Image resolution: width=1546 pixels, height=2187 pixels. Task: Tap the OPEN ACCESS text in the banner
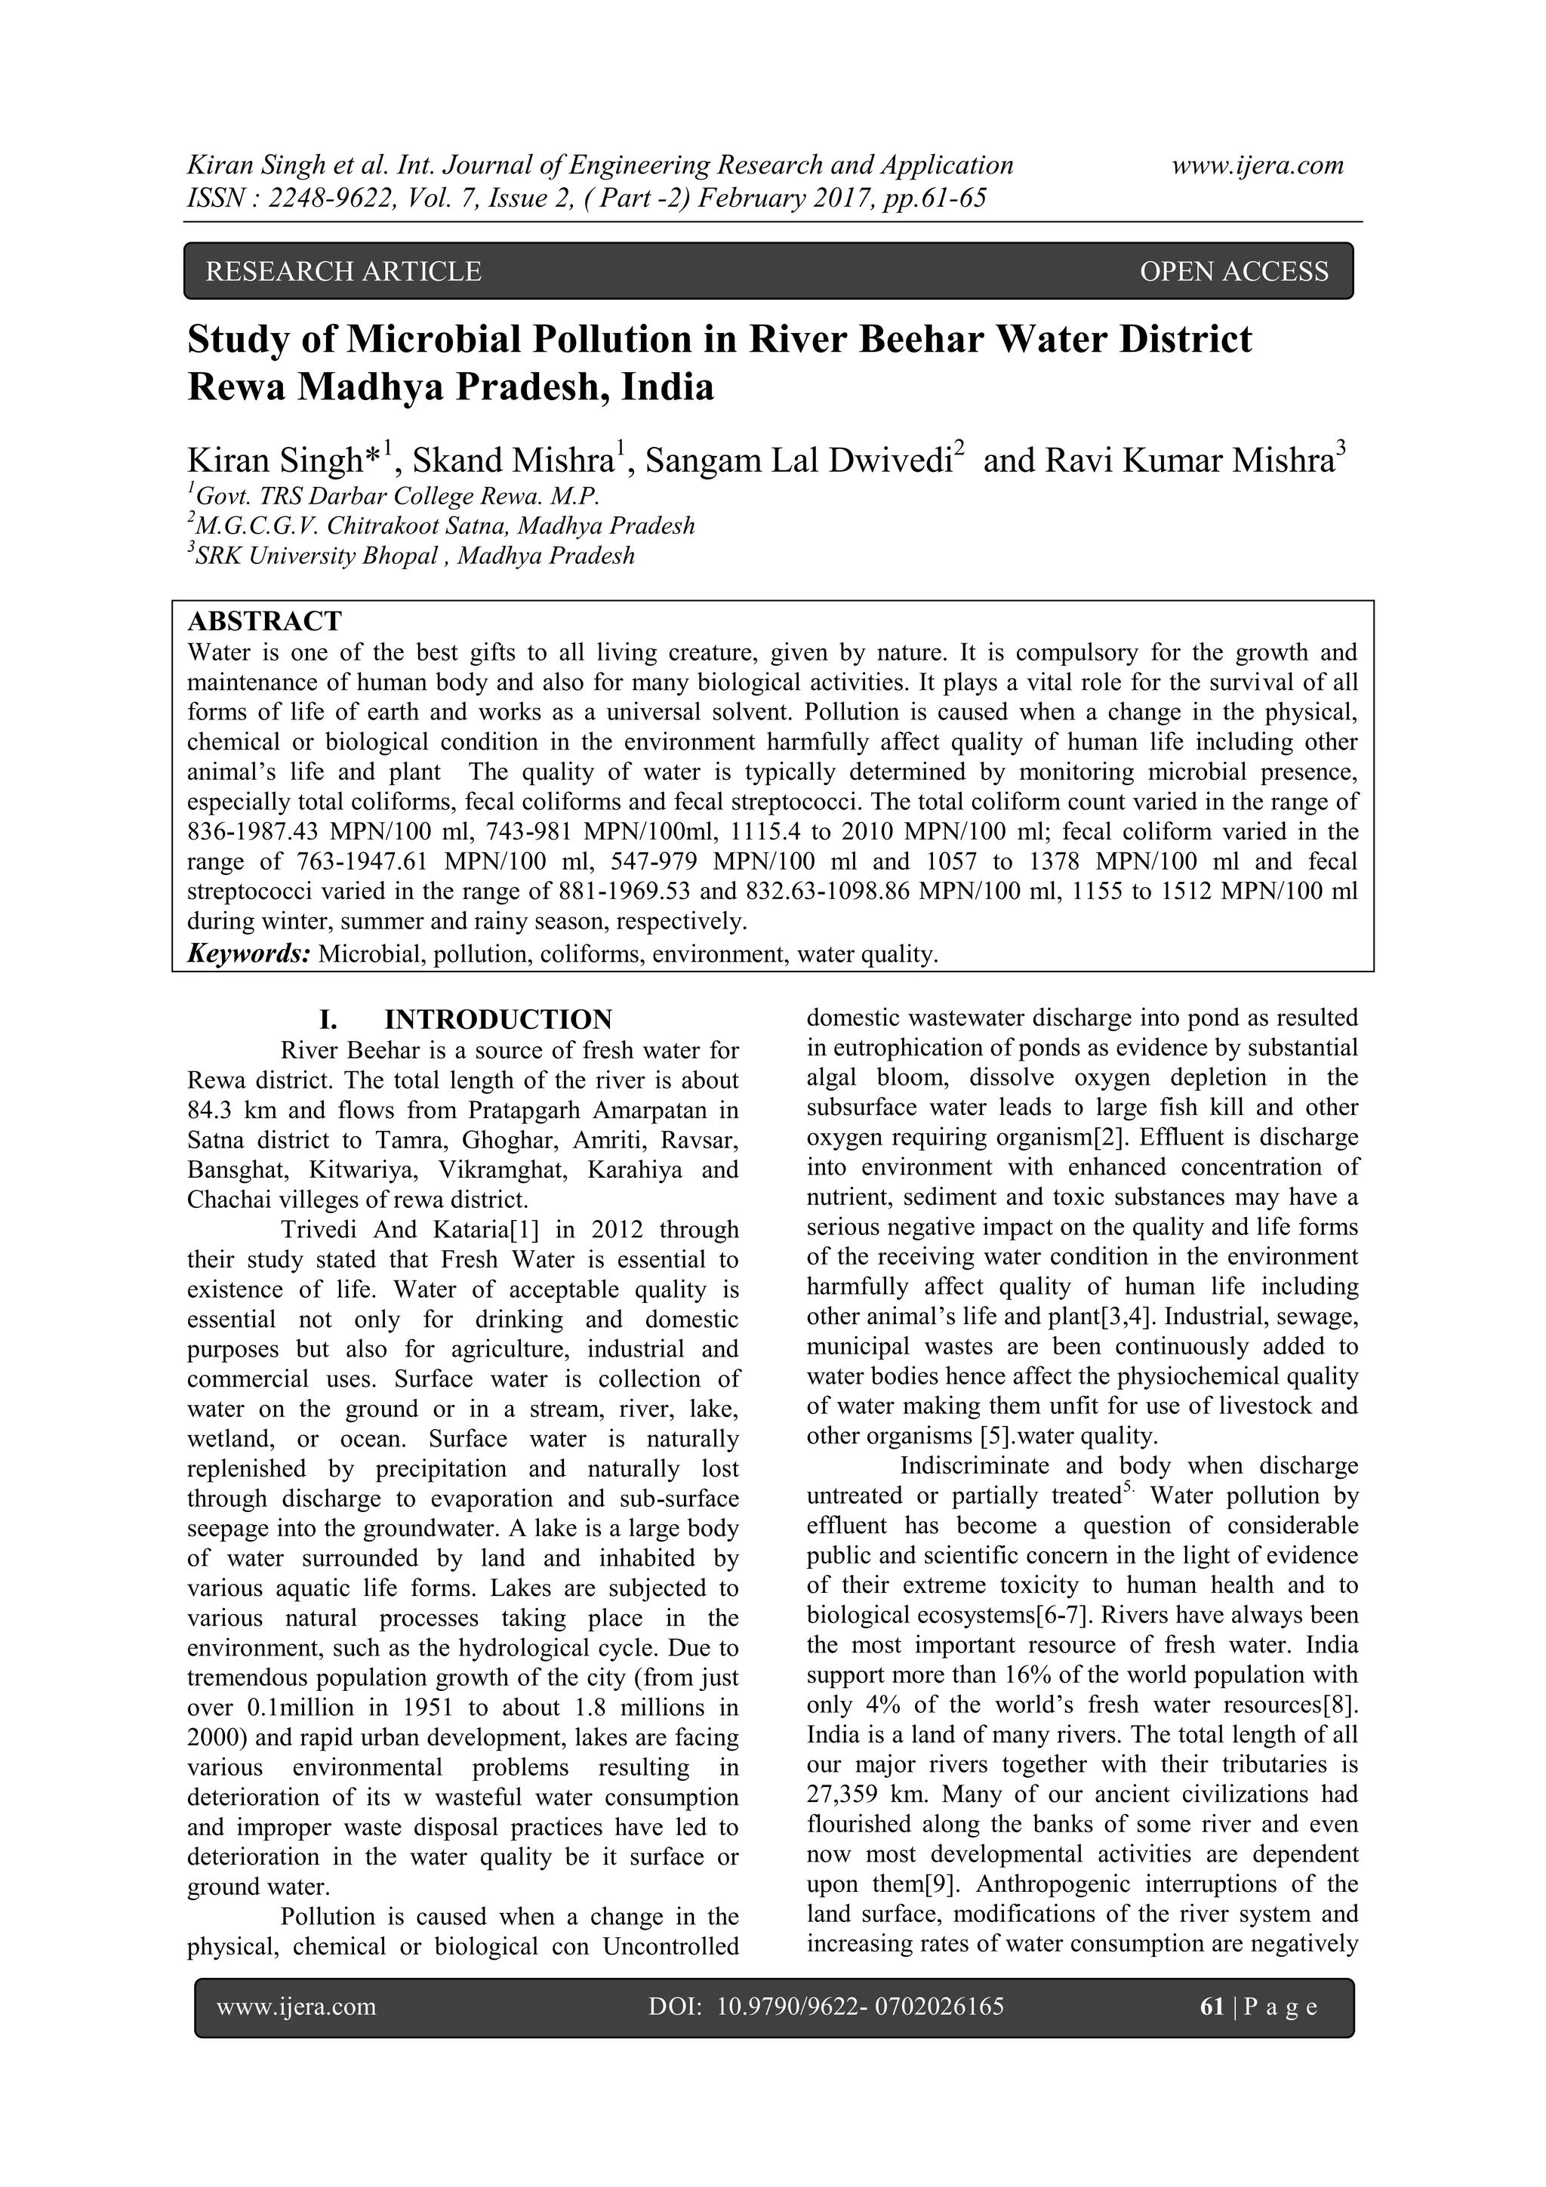[1233, 272]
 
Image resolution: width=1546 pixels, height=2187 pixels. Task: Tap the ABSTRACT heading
[264, 621]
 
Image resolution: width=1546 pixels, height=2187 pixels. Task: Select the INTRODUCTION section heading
[497, 1019]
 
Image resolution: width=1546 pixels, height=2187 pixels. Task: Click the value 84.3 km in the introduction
[226, 1110]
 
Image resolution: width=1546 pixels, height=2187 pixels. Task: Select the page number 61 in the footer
[1212, 2007]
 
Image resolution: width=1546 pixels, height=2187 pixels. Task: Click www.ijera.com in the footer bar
[296, 2007]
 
